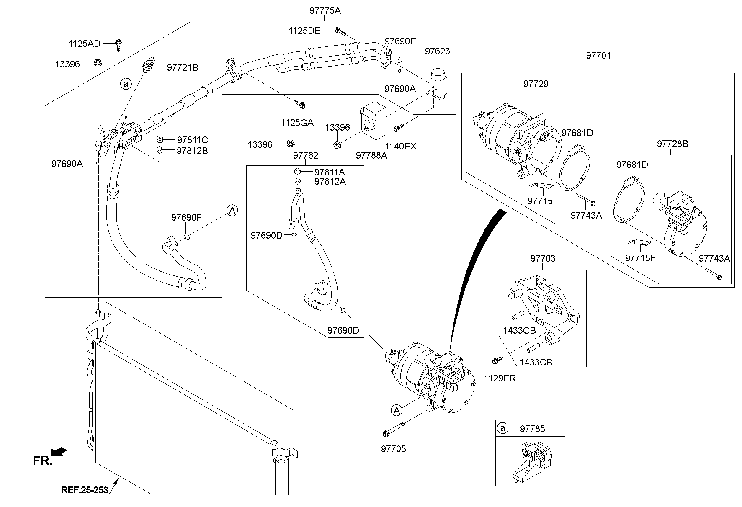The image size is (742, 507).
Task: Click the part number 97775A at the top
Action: [x=325, y=11]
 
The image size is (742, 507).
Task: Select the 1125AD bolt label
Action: [x=85, y=44]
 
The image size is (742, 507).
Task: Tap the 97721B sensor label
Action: [x=183, y=67]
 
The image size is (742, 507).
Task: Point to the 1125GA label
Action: [x=297, y=123]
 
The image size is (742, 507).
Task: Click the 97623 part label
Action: [x=437, y=51]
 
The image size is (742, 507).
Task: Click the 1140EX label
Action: [x=401, y=146]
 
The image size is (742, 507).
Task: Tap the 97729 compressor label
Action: [x=536, y=84]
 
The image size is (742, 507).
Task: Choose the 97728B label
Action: [x=672, y=144]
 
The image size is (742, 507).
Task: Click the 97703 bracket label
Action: [x=543, y=259]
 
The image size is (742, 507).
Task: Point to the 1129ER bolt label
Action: [x=500, y=378]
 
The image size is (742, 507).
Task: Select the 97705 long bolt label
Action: [x=393, y=449]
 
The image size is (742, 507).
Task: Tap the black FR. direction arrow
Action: [x=58, y=451]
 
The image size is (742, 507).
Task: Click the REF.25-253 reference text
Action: [x=85, y=490]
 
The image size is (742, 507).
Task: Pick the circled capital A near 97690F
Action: [x=232, y=211]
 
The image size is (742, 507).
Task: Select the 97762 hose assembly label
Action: [x=305, y=156]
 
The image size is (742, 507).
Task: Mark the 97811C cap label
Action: [x=192, y=140]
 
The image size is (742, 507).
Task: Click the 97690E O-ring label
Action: [x=400, y=41]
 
